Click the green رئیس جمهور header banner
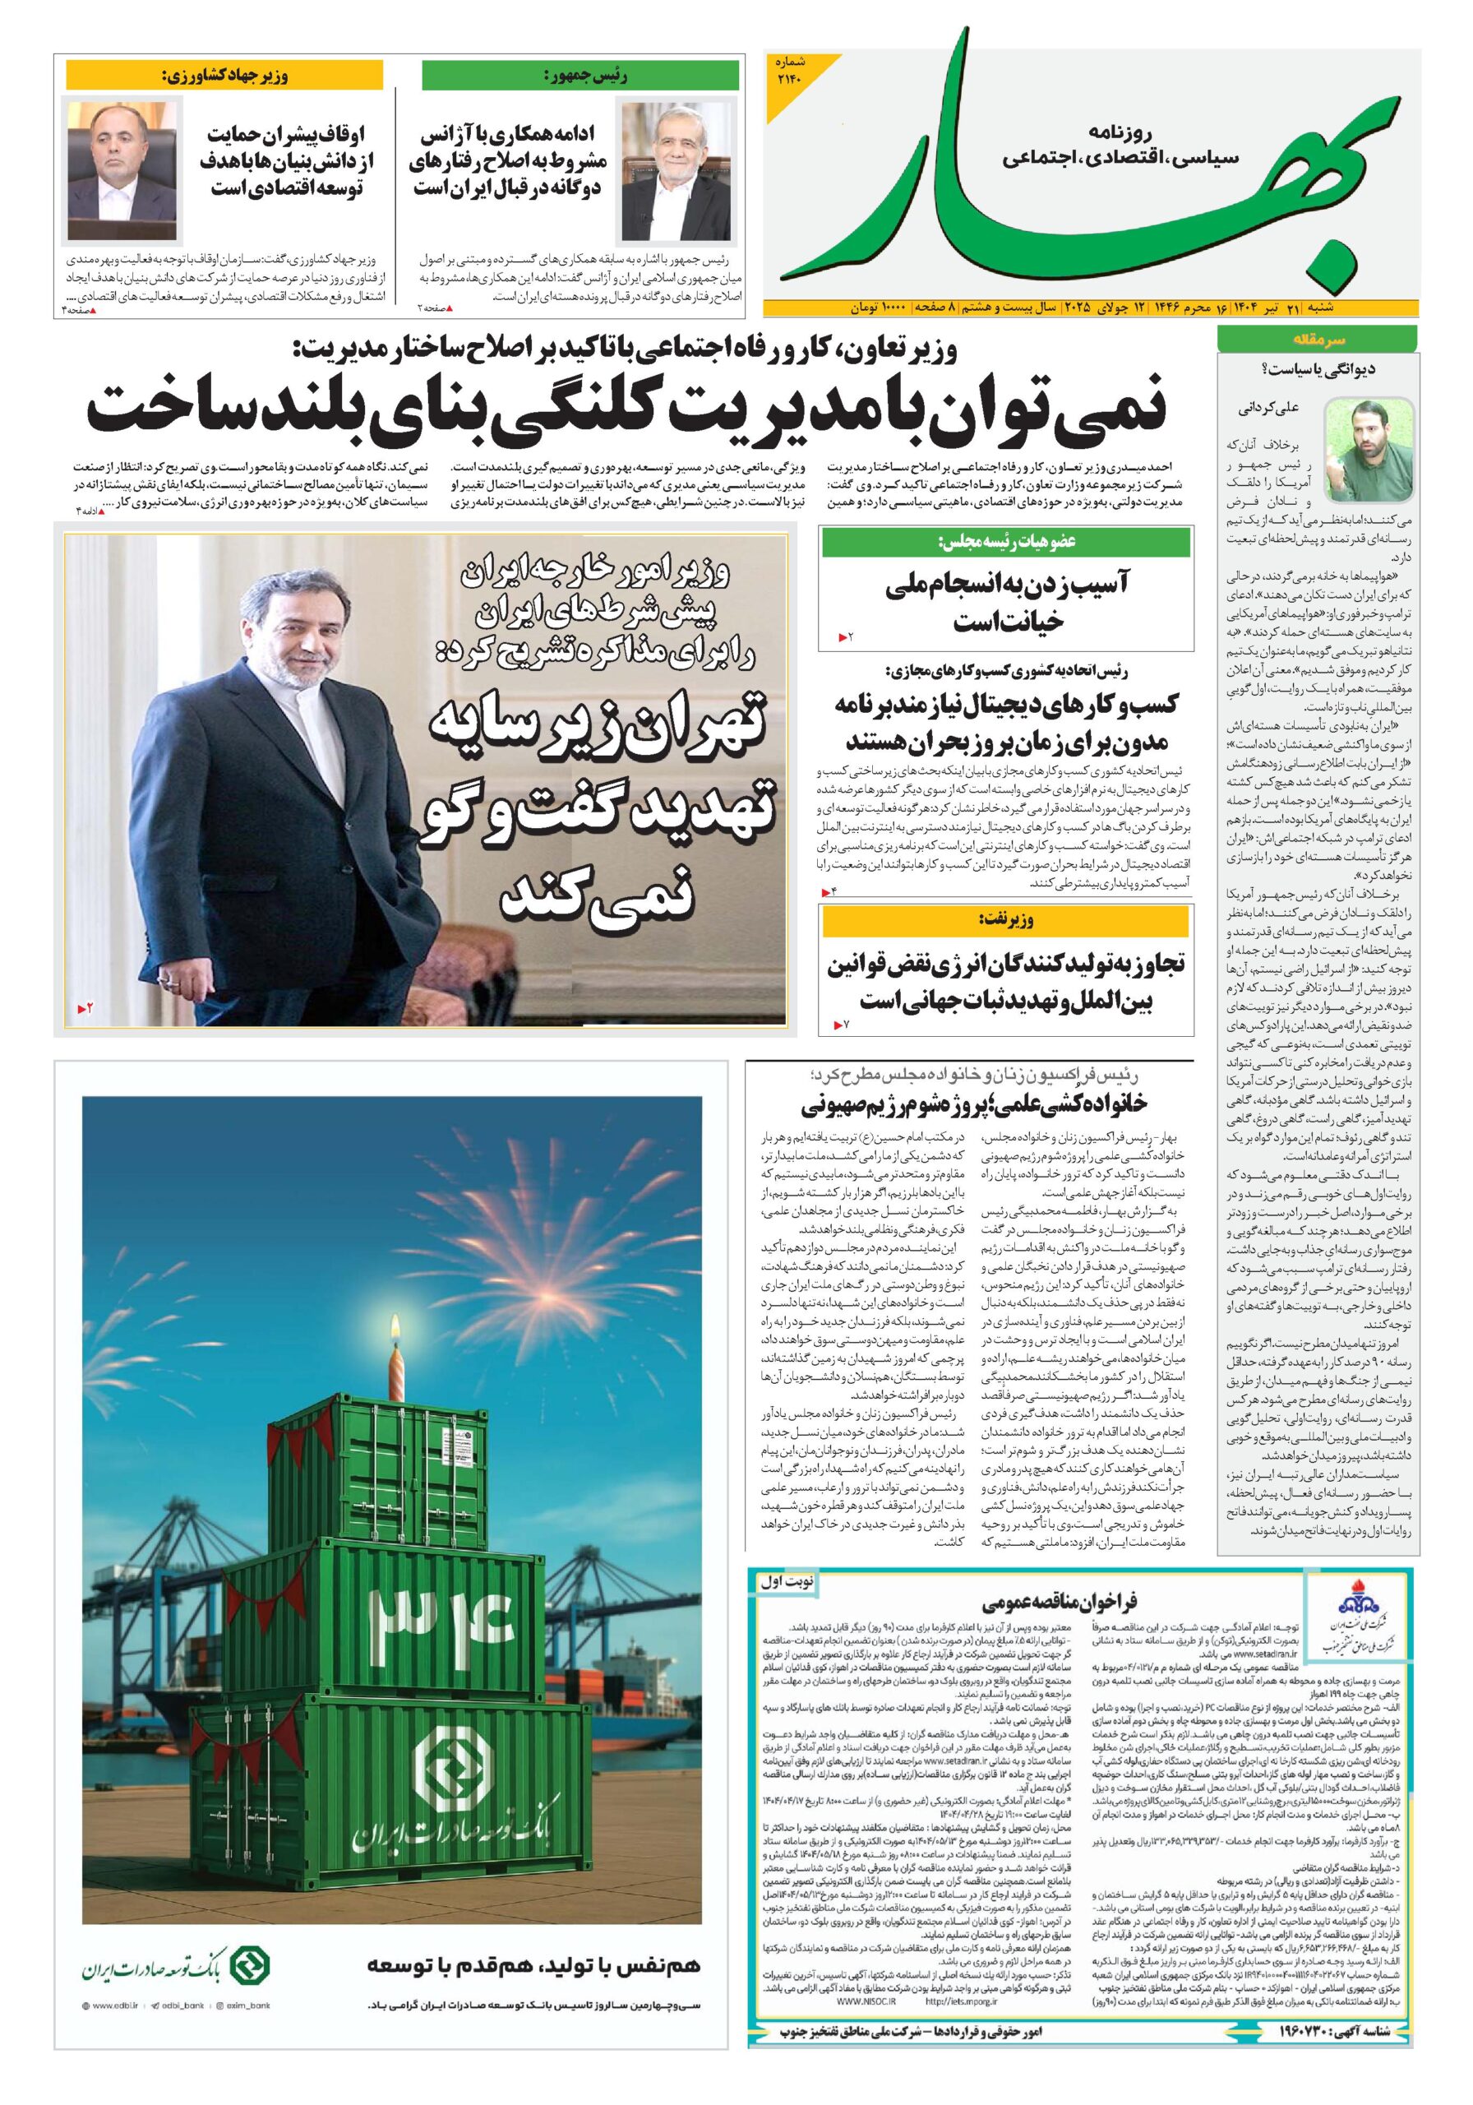(580, 75)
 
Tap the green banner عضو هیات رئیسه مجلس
(1005, 542)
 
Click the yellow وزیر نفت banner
(1005, 919)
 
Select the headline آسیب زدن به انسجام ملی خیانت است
(1006, 603)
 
